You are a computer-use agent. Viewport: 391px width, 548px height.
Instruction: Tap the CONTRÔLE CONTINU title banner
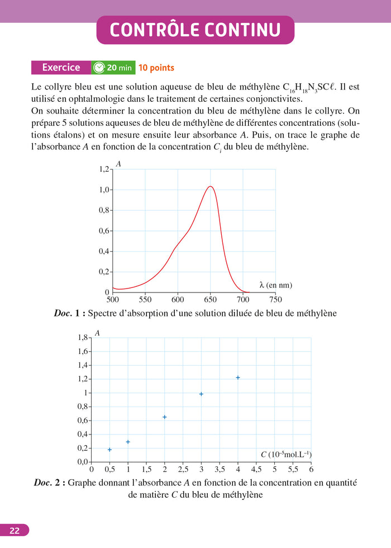pos(195,30)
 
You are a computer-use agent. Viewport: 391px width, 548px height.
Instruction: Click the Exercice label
pos(61,68)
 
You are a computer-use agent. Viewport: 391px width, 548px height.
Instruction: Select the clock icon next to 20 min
pos(99,68)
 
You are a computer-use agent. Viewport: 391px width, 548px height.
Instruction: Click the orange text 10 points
pos(156,68)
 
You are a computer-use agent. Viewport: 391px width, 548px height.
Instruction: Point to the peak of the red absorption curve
pos(210,187)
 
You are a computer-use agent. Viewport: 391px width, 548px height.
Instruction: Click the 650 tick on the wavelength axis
pos(211,299)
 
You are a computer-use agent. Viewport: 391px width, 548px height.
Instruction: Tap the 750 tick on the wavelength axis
pos(275,299)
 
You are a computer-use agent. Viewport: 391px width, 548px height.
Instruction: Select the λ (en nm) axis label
pos(275,285)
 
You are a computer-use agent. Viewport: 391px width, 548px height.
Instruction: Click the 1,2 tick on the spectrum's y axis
pos(104,169)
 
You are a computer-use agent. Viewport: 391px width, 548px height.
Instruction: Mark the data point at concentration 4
pos(238,377)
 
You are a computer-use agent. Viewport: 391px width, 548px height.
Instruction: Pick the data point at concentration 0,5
pos(109,450)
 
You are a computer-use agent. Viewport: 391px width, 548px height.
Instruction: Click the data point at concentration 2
pos(165,417)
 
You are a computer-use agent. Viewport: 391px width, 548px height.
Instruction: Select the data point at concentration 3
pos(201,394)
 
